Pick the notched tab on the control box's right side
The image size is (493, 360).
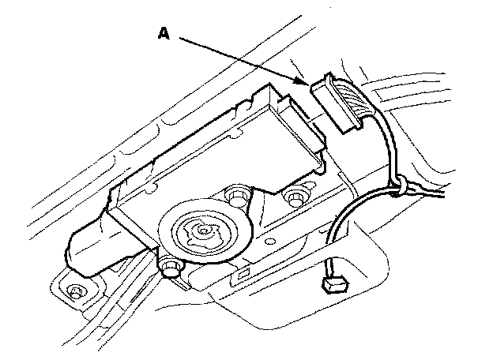point(316,142)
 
